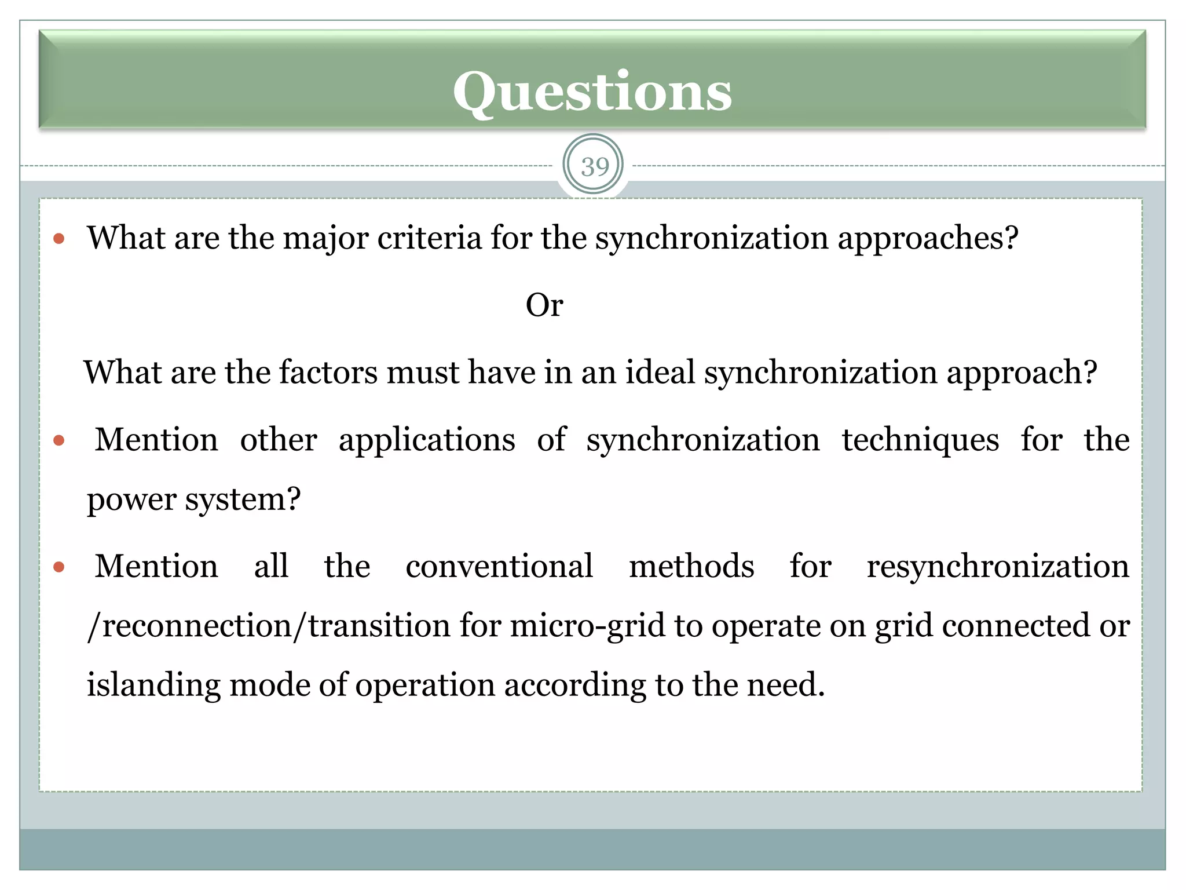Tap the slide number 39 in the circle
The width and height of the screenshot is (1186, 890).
point(594,167)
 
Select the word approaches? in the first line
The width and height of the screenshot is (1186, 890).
point(928,239)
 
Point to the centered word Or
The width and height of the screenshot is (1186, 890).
point(544,305)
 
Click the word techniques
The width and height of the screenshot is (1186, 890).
point(920,440)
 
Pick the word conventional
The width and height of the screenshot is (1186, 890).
point(499,566)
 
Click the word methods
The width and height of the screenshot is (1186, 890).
point(691,566)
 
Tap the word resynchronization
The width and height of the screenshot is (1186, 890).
point(998,567)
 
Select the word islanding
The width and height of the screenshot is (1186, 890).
point(153,685)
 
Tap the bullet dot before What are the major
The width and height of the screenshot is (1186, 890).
point(58,239)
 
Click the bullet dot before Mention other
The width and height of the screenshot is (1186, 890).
point(58,441)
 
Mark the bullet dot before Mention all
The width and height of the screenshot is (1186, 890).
point(58,567)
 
